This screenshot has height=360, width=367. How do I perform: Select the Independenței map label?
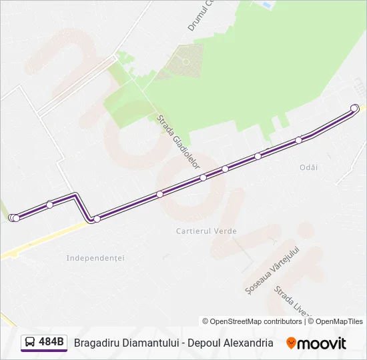pyautogui.click(x=96, y=257)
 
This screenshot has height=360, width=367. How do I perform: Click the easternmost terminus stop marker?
pyautogui.click(x=354, y=108)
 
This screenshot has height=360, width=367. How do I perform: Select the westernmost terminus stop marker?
pyautogui.click(x=13, y=218)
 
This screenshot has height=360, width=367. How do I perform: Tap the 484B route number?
pyautogui.click(x=51, y=343)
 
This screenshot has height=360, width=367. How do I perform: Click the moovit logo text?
pyautogui.click(x=322, y=343)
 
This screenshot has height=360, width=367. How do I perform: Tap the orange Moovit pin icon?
pyautogui.click(x=291, y=343)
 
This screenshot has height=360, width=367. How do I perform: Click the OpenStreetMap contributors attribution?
pyautogui.click(x=252, y=321)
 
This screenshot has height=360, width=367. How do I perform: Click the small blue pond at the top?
pyautogui.click(x=267, y=5)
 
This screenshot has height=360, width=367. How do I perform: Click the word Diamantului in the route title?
pyautogui.click(x=151, y=343)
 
